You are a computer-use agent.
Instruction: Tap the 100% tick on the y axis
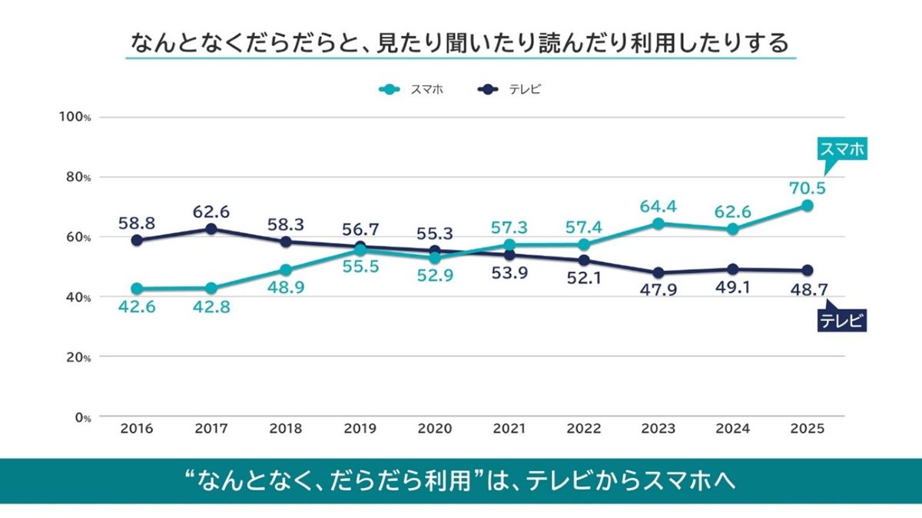tap(75, 117)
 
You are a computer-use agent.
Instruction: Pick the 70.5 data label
tap(806, 188)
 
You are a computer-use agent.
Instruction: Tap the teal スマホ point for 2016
tap(137, 289)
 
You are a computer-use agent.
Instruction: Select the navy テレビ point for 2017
tap(211, 229)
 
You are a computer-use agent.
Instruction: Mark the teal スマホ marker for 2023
tap(658, 224)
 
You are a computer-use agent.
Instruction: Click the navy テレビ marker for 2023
tap(658, 273)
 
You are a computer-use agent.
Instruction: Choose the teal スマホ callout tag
tap(841, 150)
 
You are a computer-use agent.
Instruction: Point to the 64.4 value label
tap(658, 205)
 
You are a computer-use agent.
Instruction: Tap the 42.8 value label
tap(211, 307)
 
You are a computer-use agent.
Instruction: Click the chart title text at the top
tap(460, 42)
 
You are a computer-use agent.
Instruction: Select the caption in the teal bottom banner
tap(460, 481)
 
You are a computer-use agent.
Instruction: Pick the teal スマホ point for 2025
tap(807, 205)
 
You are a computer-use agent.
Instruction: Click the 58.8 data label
tap(137, 223)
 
